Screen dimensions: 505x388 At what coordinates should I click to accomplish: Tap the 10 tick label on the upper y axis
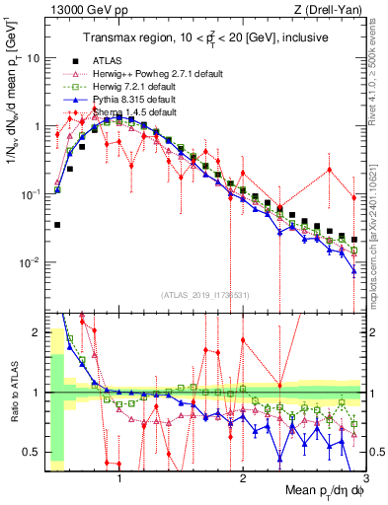(x=32, y=57)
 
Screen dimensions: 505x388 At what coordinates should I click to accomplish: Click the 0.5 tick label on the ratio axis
(x=32, y=452)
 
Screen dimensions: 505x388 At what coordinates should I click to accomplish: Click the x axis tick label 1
(x=119, y=477)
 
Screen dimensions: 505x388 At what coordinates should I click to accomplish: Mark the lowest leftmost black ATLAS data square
(x=57, y=225)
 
